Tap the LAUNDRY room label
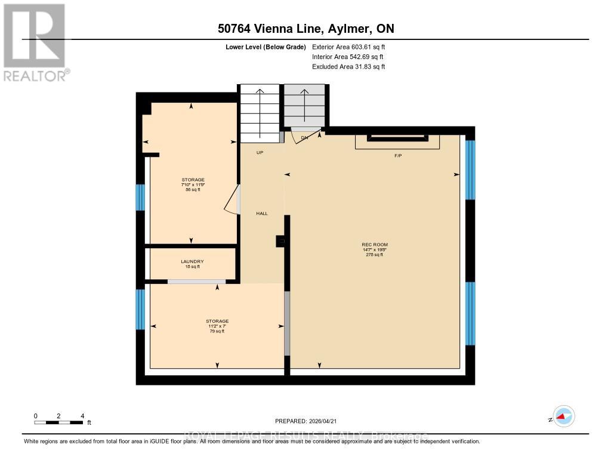click(x=192, y=261)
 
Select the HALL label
click(x=262, y=213)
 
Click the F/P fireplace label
click(x=398, y=156)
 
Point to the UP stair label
click(x=260, y=153)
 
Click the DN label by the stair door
click(x=304, y=138)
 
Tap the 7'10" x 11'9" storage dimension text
click(x=193, y=184)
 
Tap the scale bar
click(x=58, y=422)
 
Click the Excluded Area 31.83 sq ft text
click(x=348, y=67)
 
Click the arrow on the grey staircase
click(x=304, y=105)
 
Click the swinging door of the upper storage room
click(x=232, y=199)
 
